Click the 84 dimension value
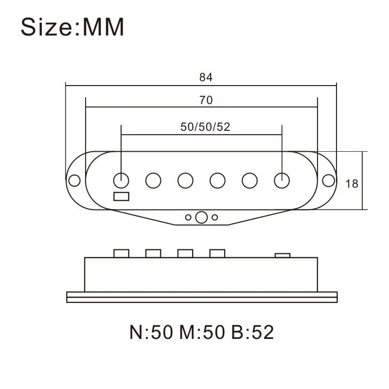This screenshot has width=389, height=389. click(206, 77)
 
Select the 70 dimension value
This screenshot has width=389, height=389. click(206, 101)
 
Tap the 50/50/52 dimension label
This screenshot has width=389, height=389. click(205, 127)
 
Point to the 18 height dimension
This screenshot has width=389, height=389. click(352, 184)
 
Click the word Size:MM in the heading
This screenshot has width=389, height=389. click(72, 28)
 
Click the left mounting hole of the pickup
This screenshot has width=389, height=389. click(74, 180)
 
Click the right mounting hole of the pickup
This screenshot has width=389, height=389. click(329, 180)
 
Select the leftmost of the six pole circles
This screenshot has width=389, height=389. click(121, 180)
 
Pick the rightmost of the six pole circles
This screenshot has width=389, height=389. click(282, 180)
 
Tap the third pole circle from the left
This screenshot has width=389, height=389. click(185, 180)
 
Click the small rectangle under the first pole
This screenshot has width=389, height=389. click(121, 196)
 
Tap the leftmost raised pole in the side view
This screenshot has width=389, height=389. click(121, 253)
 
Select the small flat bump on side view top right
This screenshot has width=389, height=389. click(283, 255)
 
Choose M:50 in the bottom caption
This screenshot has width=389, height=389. click(201, 333)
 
